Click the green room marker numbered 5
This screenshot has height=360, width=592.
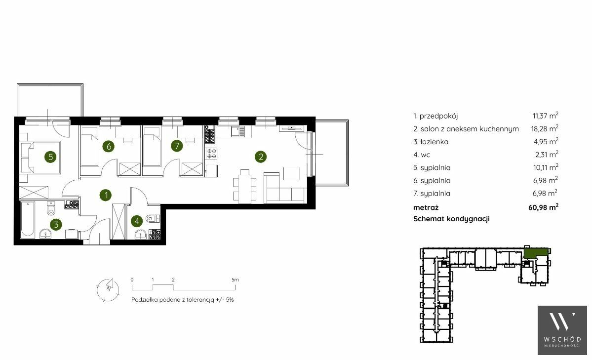[x=50, y=157]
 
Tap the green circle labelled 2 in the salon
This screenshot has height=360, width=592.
[x=261, y=157]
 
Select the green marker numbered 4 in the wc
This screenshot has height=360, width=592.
[x=137, y=221]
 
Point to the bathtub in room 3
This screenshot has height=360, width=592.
[x=27, y=219]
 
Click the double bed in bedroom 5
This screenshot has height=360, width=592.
[x=40, y=157]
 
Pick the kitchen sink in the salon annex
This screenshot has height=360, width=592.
[x=238, y=131]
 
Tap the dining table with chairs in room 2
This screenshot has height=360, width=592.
[x=245, y=185]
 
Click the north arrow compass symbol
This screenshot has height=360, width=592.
[x=108, y=289]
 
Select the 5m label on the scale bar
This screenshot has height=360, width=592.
[x=235, y=280]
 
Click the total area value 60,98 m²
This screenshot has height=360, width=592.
[x=543, y=206]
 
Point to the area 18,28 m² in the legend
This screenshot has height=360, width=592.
[x=545, y=128]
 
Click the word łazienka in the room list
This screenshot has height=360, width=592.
[x=434, y=142]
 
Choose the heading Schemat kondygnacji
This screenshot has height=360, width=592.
[x=451, y=219]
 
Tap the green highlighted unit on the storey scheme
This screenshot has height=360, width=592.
[x=535, y=252]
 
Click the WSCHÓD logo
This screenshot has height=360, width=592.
[x=562, y=330]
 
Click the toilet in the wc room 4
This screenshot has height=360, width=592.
[x=153, y=218]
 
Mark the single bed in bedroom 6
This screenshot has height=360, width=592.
[x=90, y=147]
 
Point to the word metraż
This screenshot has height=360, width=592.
[x=426, y=207]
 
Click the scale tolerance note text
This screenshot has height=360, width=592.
[x=182, y=300]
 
